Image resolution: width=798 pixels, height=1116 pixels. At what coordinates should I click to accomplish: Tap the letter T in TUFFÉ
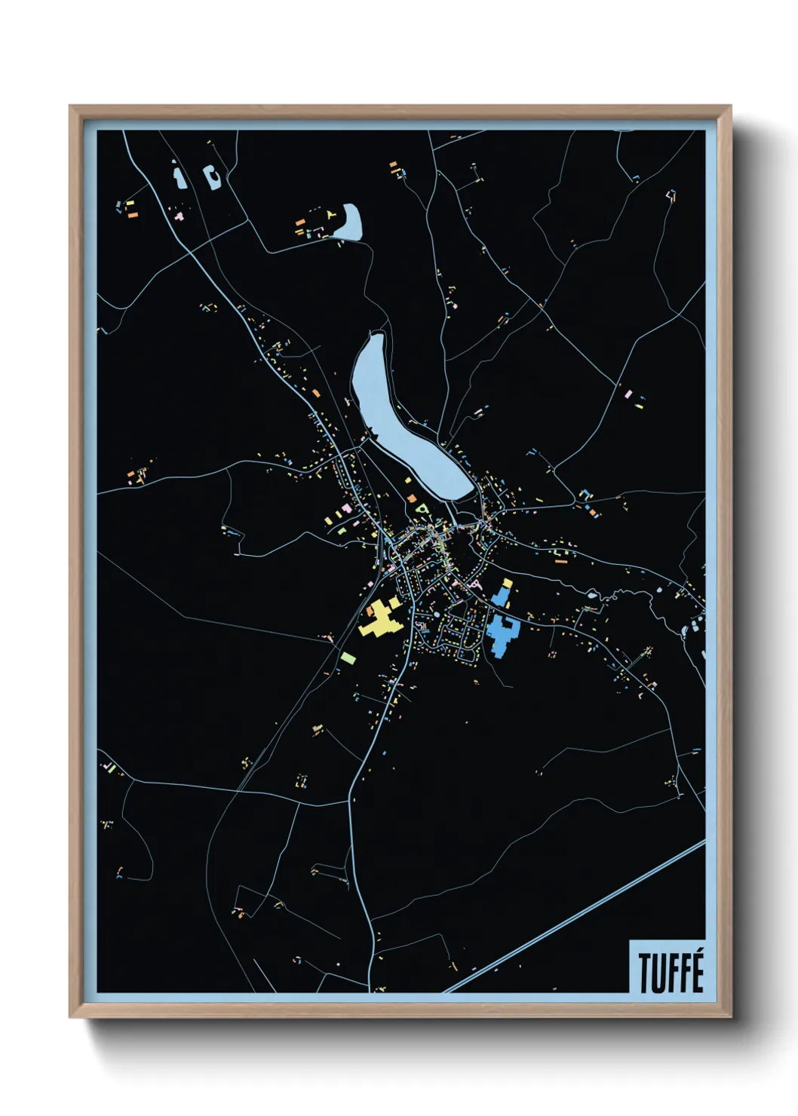click(646, 973)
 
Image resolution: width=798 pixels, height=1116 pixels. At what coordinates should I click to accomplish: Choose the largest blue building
click(501, 635)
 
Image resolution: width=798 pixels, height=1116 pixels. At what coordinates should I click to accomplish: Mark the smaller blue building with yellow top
click(502, 593)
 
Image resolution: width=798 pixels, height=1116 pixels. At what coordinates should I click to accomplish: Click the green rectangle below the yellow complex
click(348, 658)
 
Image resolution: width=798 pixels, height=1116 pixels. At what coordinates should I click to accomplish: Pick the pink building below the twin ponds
click(180, 216)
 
